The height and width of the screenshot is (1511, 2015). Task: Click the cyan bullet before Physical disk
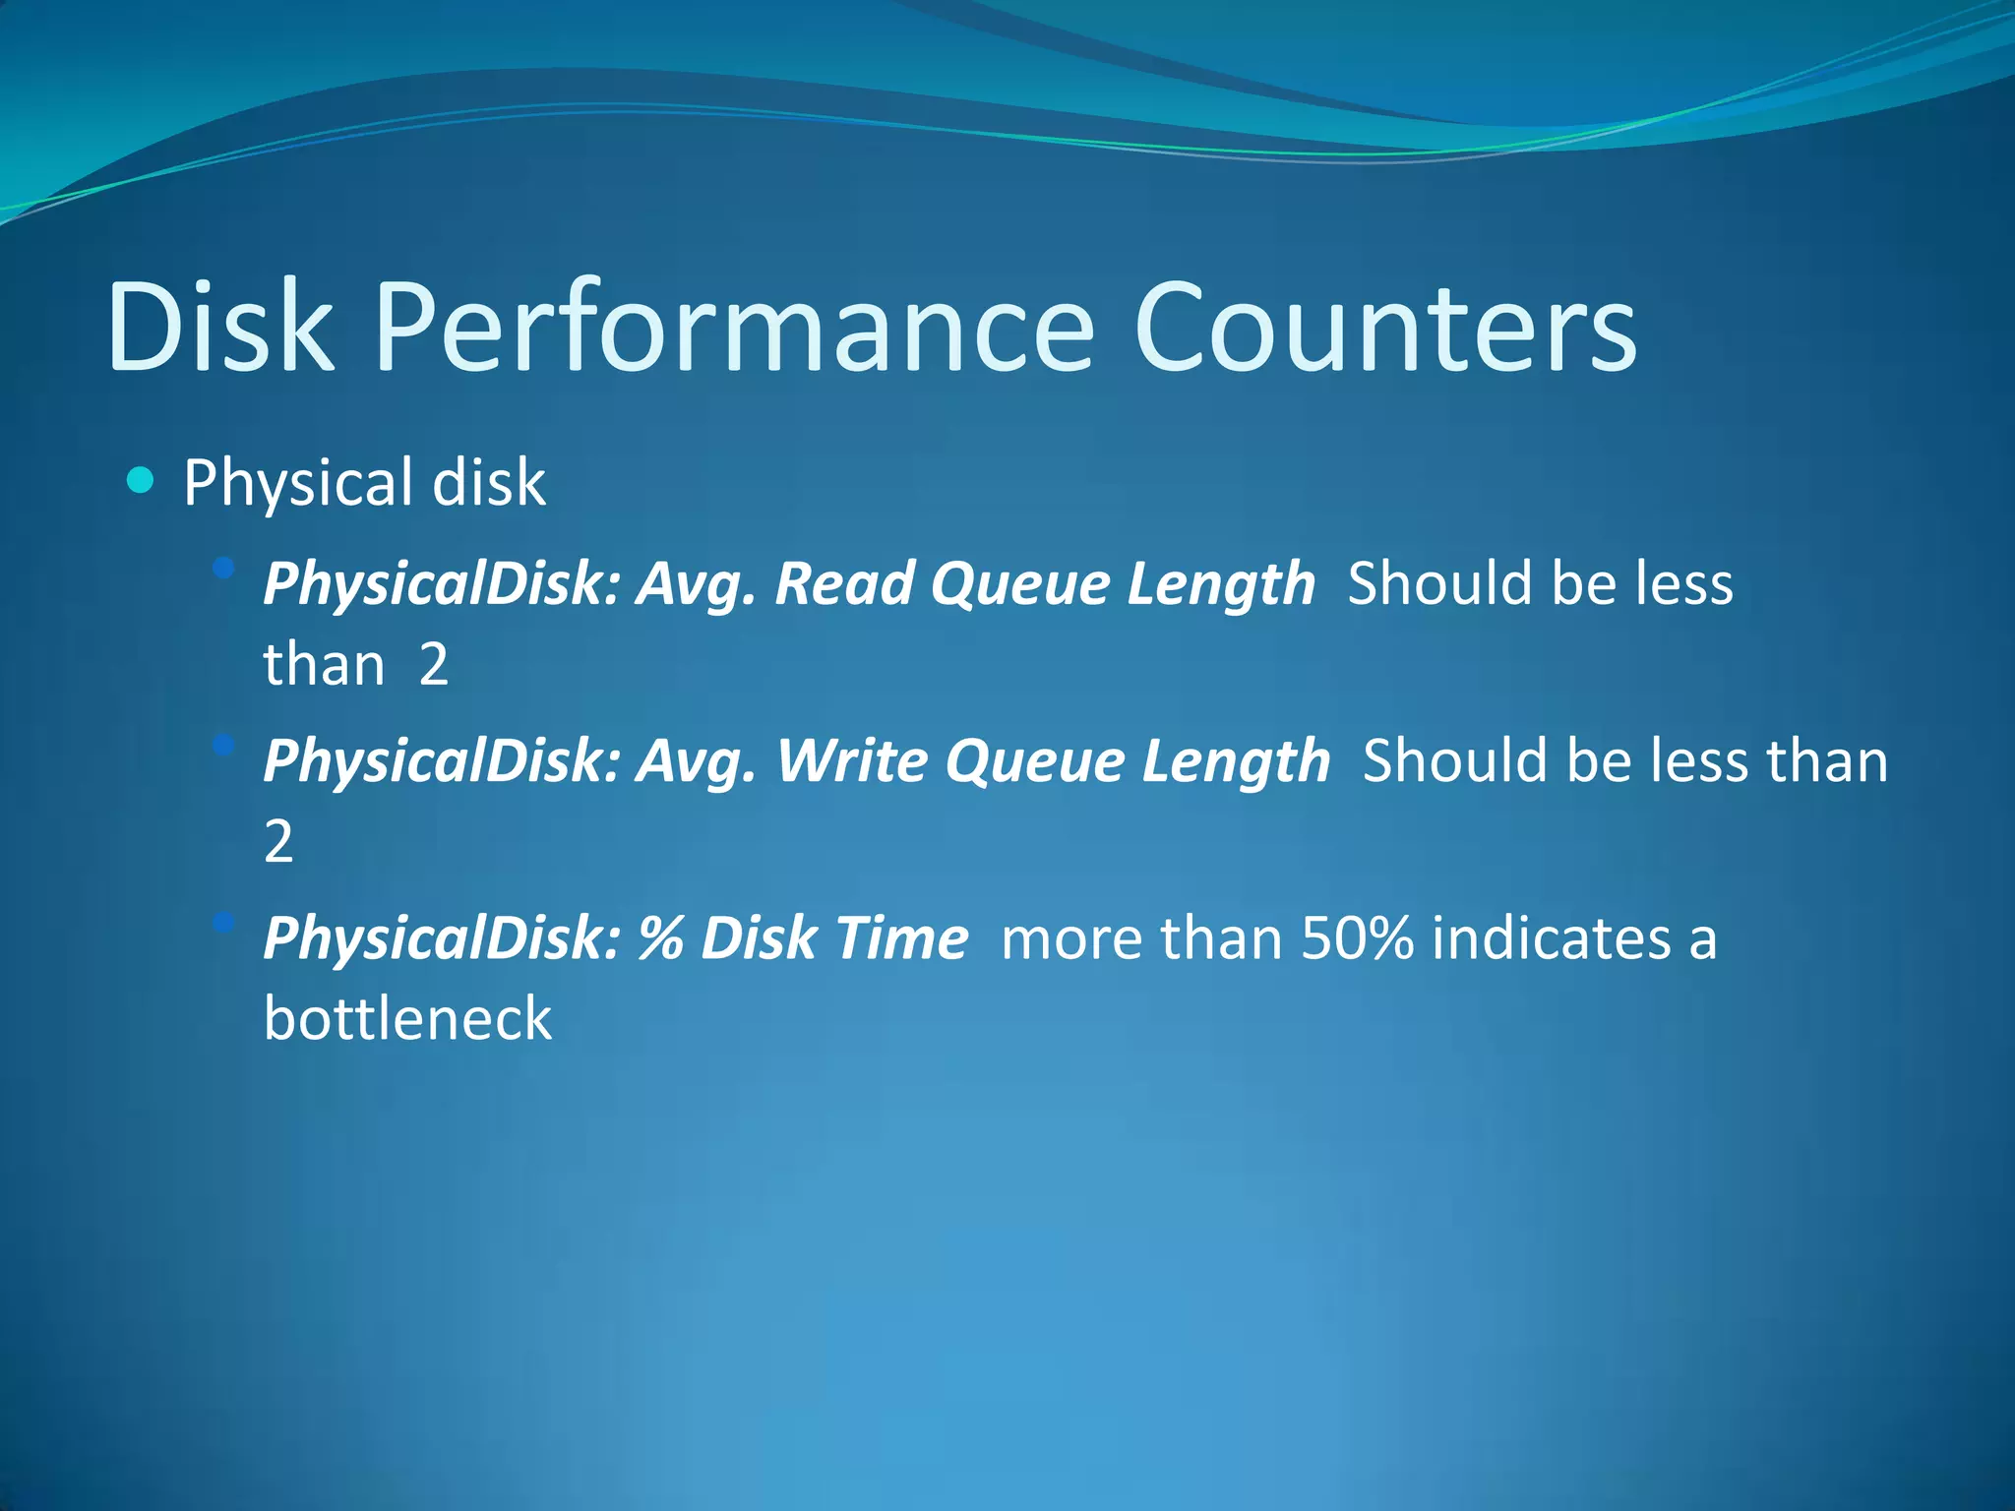point(141,481)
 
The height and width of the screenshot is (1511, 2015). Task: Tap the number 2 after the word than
point(434,664)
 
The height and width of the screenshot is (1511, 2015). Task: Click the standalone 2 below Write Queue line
point(278,841)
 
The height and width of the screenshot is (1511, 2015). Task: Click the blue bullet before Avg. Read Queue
point(224,568)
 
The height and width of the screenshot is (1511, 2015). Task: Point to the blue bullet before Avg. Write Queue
point(224,745)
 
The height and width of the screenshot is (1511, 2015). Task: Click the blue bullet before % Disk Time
point(224,922)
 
